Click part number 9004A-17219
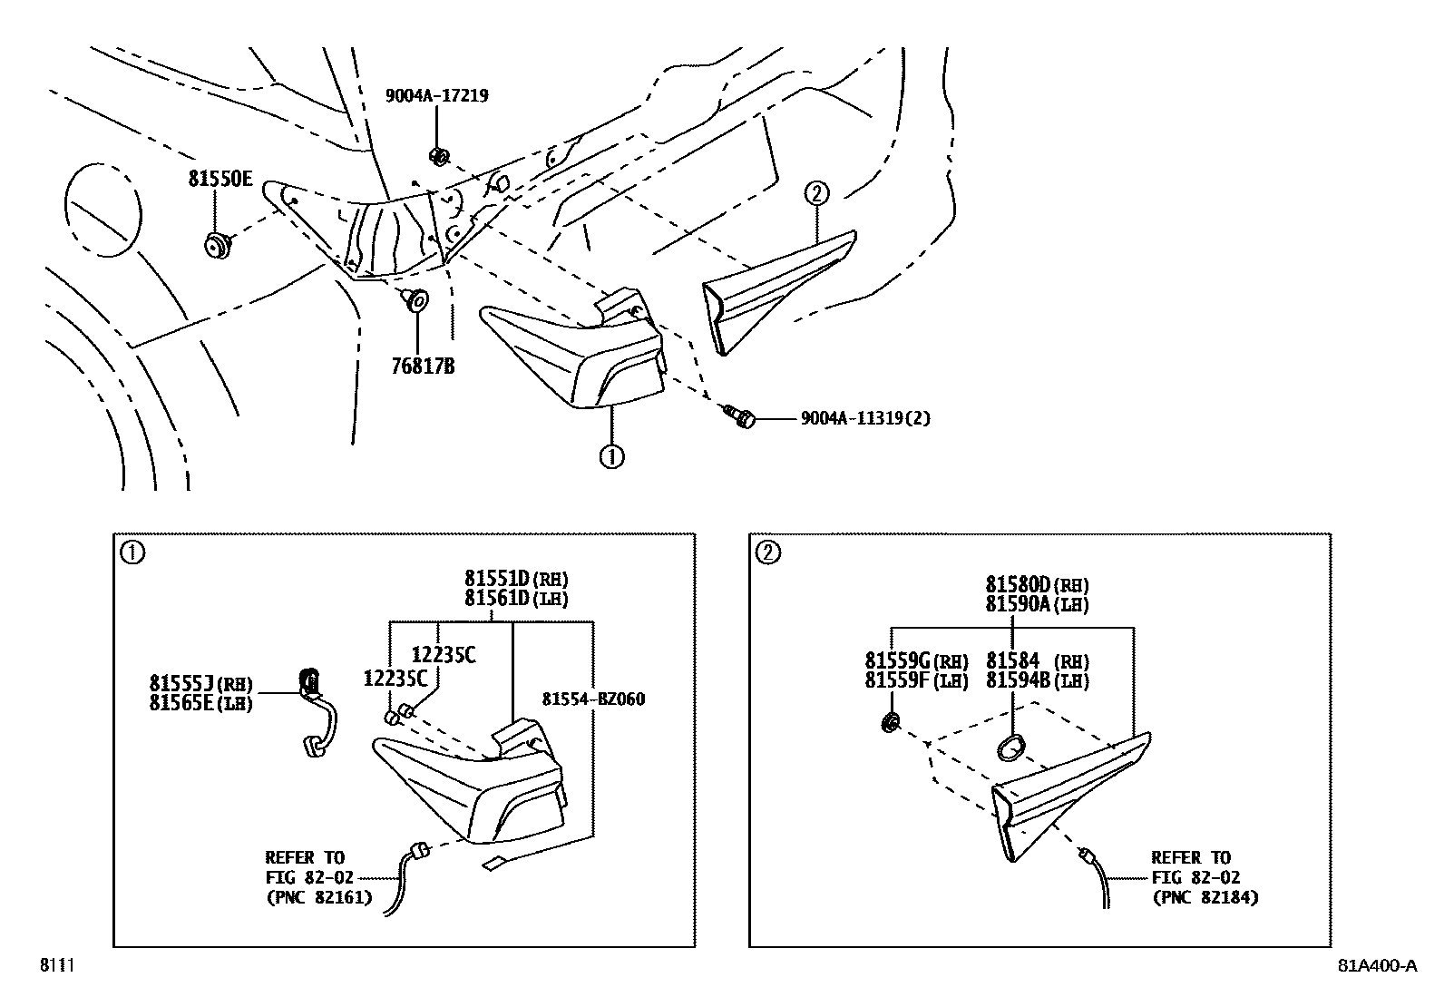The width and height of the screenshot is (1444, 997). click(x=437, y=95)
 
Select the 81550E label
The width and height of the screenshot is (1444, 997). click(x=220, y=179)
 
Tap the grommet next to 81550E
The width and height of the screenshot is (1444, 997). click(x=217, y=245)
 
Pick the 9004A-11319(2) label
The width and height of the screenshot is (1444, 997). click(x=865, y=418)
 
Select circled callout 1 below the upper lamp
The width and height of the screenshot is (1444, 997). click(x=611, y=456)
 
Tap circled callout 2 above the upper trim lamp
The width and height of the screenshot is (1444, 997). click(x=815, y=192)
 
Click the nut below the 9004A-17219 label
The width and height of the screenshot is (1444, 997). click(x=438, y=156)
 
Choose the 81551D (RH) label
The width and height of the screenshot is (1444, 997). click(x=516, y=578)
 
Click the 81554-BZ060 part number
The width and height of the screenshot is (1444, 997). click(x=594, y=699)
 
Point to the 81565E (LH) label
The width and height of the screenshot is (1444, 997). click(x=200, y=702)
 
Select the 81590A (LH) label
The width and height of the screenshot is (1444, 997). click(x=1037, y=604)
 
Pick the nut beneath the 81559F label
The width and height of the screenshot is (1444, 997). click(x=892, y=722)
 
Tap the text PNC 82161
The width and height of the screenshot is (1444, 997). click(x=318, y=898)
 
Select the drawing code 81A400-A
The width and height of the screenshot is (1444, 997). click(x=1376, y=965)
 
